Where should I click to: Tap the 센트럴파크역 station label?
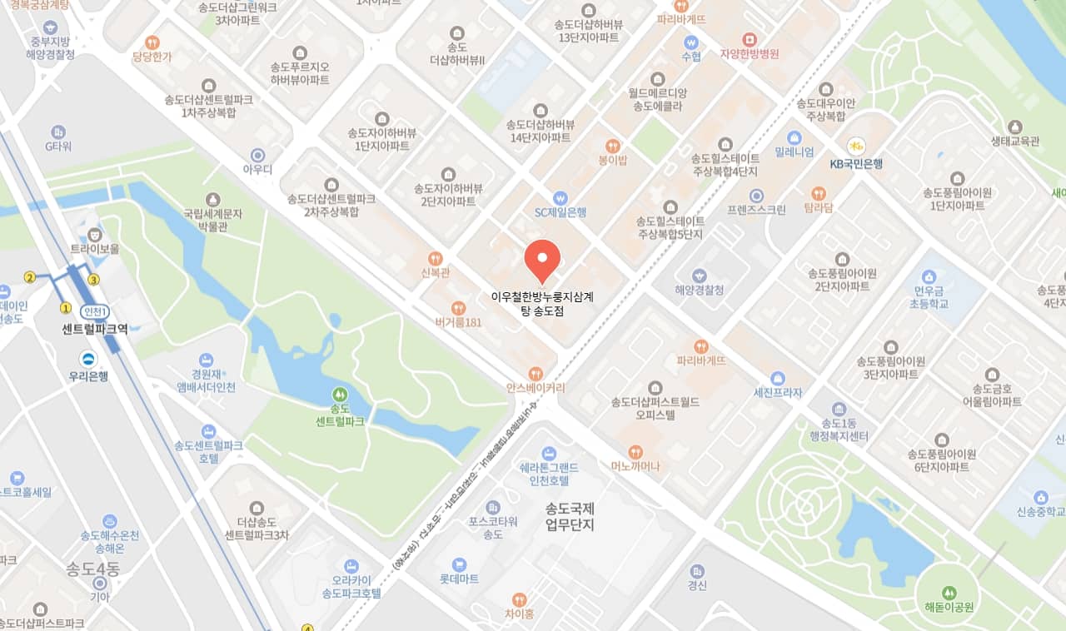(x=95, y=328)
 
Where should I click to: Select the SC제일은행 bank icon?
(x=560, y=198)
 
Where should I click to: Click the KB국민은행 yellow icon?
(x=856, y=146)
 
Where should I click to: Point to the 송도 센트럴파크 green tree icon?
(x=340, y=393)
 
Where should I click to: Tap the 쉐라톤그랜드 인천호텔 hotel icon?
(x=548, y=453)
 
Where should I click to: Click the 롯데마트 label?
(x=459, y=579)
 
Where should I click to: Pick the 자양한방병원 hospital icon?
(x=750, y=39)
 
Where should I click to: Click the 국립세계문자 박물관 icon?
(x=213, y=199)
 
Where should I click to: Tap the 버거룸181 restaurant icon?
(x=458, y=307)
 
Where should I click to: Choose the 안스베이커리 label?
(x=535, y=388)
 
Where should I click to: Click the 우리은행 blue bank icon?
(x=88, y=359)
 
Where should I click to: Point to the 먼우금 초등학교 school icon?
(x=930, y=276)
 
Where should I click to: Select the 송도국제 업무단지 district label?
(x=570, y=516)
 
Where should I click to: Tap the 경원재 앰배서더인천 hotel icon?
(x=207, y=359)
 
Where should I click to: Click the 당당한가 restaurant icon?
(x=152, y=42)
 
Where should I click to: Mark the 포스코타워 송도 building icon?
(x=493, y=507)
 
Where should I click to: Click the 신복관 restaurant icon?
(x=435, y=258)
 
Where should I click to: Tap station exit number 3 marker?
(x=93, y=280)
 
